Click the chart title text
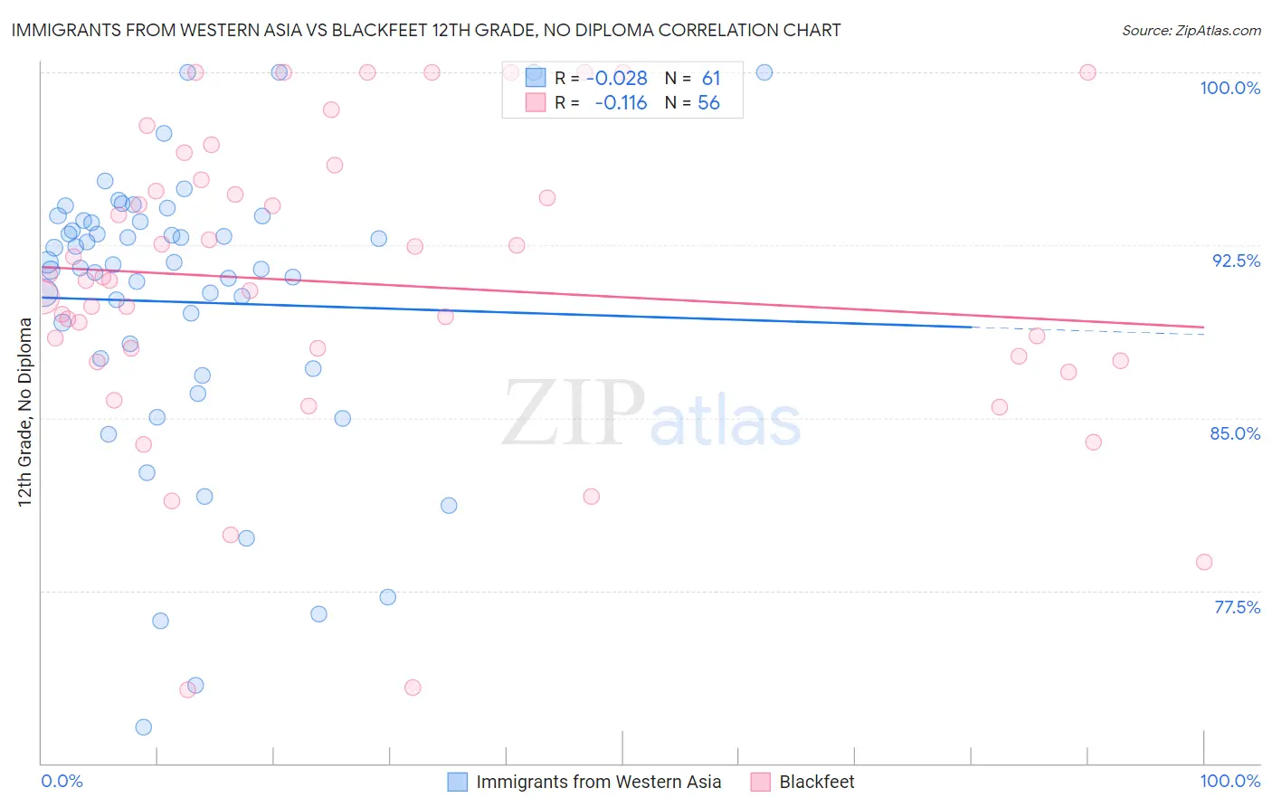(426, 30)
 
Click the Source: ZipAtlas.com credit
(1191, 30)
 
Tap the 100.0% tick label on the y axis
(1229, 88)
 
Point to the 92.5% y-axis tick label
(1236, 261)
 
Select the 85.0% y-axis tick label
(1235, 433)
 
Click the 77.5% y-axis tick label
(1237, 607)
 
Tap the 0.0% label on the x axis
(62, 781)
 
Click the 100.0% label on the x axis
(1229, 781)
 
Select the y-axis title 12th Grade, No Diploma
(24, 412)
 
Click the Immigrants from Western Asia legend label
(598, 782)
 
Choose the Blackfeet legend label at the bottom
(816, 782)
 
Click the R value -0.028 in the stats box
(617, 79)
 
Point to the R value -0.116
(621, 103)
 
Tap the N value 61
(711, 79)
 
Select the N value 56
(708, 103)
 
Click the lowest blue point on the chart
(143, 727)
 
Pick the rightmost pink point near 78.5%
(1203, 562)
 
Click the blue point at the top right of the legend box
(764, 72)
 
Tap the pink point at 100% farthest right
(1087, 72)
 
